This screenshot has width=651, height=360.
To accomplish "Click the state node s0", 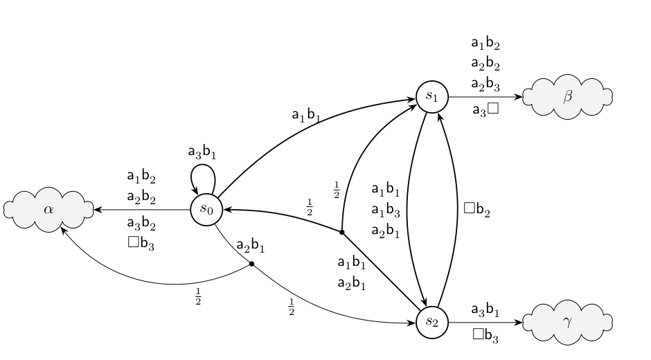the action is tap(207, 210).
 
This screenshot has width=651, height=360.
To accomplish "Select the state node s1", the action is tap(432, 97).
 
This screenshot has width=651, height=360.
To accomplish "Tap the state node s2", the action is tap(432, 322).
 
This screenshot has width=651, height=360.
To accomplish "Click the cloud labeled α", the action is tap(48, 210).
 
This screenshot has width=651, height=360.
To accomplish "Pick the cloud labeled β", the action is tap(568, 97).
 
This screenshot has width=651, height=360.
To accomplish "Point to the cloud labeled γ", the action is tap(568, 322).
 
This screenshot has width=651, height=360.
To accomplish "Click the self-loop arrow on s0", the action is tap(203, 165).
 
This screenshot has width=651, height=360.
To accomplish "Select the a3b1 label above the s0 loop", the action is tap(202, 152).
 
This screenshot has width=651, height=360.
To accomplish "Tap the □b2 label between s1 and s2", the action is tap(476, 209).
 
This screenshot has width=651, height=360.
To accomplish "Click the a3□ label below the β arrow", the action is tap(485, 109).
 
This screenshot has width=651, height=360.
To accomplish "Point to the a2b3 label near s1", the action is tap(485, 84).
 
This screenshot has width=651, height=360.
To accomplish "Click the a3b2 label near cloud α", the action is tap(141, 224).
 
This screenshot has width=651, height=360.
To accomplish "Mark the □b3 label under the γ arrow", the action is tap(485, 335).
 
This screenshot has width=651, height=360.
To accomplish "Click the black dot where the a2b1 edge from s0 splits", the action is tap(251, 264).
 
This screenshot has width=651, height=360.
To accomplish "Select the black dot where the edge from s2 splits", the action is tap(341, 232).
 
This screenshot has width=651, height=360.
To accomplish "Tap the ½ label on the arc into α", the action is tap(198, 296).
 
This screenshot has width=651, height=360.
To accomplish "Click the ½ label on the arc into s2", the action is tap(292, 307).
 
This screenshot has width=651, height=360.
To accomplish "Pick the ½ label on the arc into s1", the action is tap(337, 190).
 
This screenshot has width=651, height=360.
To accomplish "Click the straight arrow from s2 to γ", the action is tap(485, 322).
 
